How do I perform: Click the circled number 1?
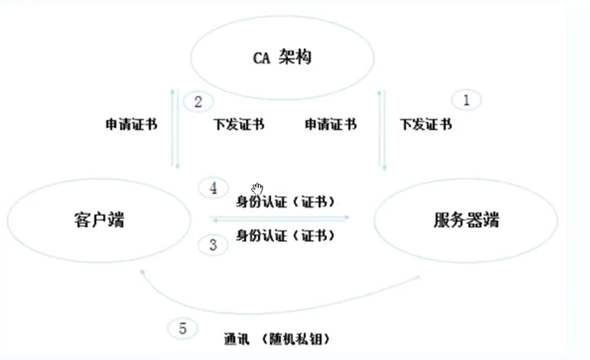click(467, 100)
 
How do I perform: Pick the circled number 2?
click(197, 102)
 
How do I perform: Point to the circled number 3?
click(214, 244)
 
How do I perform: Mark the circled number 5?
click(182, 328)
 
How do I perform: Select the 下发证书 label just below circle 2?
click(238, 124)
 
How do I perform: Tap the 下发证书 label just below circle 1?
click(426, 124)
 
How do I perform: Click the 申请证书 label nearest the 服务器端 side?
click(330, 124)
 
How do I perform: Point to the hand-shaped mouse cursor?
click(257, 189)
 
